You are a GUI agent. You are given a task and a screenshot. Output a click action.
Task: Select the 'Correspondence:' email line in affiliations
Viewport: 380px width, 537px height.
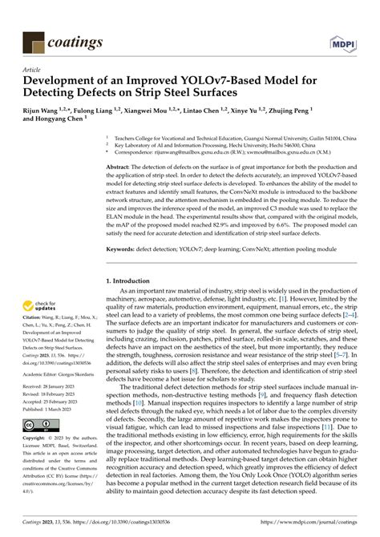coord(232,150)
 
